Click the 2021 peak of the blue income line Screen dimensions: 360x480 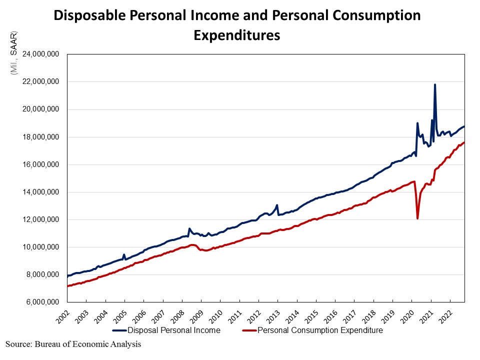(434, 84)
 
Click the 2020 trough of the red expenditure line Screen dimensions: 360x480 (417, 218)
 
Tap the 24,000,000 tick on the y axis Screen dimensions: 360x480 (38, 54)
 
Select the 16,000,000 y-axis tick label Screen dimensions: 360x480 (38, 164)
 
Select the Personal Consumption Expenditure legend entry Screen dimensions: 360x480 (319, 330)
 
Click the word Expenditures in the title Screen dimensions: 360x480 (236, 35)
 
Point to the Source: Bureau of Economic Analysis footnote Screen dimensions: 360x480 (73, 344)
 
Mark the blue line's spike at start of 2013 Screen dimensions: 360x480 (277, 205)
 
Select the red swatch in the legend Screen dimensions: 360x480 (248, 330)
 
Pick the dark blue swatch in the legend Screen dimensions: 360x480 (119, 330)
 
